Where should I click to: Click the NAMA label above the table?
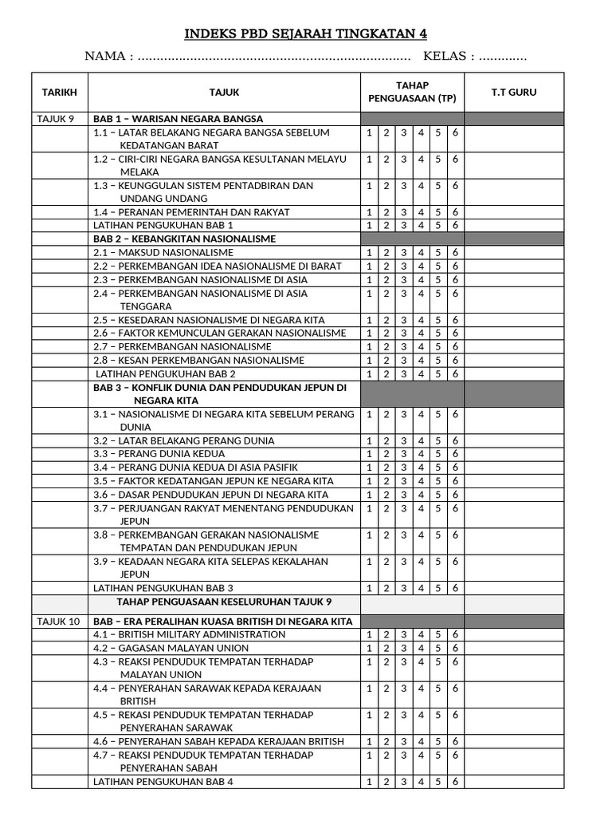pyautogui.click(x=108, y=57)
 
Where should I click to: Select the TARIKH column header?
pyautogui.click(x=60, y=93)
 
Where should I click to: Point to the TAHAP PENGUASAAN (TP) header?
pyautogui.click(x=412, y=92)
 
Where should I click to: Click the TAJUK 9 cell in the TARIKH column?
pyautogui.click(x=56, y=119)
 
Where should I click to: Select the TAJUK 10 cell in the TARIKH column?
pyautogui.click(x=58, y=621)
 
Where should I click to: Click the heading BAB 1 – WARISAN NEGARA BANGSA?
pyautogui.click(x=178, y=119)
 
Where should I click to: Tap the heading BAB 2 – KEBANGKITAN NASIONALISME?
pyautogui.click(x=185, y=239)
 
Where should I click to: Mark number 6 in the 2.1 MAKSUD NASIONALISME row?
pyautogui.click(x=455, y=253)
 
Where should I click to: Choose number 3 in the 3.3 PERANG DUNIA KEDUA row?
pyautogui.click(x=403, y=454)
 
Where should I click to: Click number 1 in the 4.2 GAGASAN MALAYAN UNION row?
pyautogui.click(x=369, y=648)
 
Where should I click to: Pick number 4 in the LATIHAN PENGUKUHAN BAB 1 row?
pyautogui.click(x=421, y=225)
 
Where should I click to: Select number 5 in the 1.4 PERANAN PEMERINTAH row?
pyautogui.click(x=437, y=212)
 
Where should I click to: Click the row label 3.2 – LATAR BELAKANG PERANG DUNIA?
pyautogui.click(x=184, y=440)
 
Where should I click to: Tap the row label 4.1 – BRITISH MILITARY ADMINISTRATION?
pyautogui.click(x=190, y=634)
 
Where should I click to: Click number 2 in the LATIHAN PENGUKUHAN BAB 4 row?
pyautogui.click(x=386, y=782)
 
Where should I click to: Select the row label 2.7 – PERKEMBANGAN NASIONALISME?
pyautogui.click(x=182, y=346)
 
